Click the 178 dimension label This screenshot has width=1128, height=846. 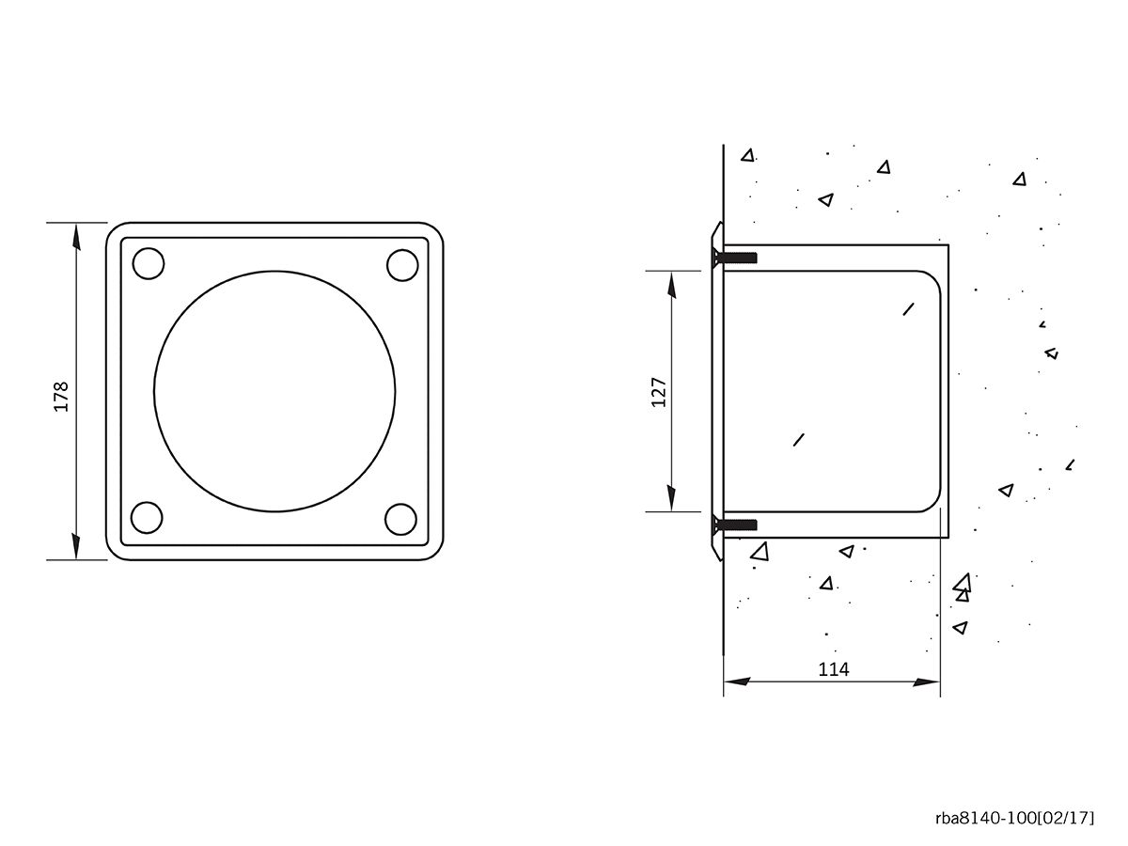(61, 397)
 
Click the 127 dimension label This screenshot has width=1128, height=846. (658, 391)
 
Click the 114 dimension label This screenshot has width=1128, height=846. (833, 668)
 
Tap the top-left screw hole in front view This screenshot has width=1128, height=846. (149, 263)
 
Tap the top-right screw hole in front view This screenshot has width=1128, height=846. (402, 265)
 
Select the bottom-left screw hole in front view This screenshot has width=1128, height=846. (148, 518)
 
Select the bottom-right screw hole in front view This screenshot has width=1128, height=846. (401, 519)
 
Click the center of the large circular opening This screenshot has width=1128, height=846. (274, 391)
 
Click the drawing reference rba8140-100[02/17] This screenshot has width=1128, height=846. (1014, 817)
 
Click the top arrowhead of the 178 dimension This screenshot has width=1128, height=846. (75, 235)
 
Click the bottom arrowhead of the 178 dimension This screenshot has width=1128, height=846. (75, 547)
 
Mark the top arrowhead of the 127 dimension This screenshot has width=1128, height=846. (671, 283)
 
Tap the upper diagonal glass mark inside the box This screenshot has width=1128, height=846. (908, 307)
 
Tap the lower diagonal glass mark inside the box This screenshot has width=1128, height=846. (799, 438)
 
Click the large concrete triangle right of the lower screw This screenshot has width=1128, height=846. (760, 551)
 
